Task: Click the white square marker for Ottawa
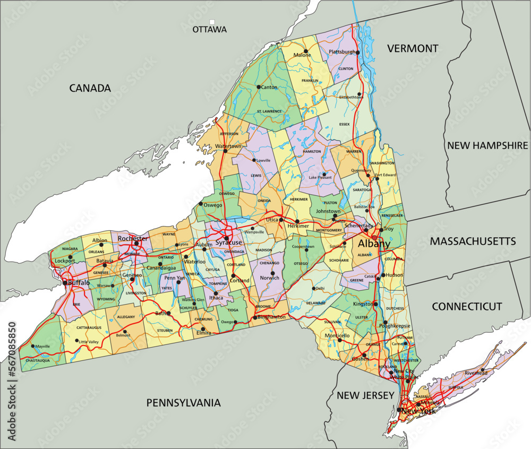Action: [x=212, y=22]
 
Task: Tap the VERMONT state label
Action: [x=413, y=49]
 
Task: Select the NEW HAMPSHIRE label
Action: [x=487, y=145]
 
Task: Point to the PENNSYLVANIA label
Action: [x=183, y=403]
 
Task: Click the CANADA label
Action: [x=90, y=88]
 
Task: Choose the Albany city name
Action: [x=374, y=245]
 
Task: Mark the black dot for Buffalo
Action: [x=65, y=283]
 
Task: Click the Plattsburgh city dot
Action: [x=358, y=53]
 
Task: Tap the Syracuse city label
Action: [x=228, y=243]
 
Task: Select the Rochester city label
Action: [x=133, y=238]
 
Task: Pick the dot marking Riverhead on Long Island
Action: [x=482, y=370]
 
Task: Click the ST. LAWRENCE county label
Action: [x=269, y=111]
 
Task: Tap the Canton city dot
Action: [x=259, y=87]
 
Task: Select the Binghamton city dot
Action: [x=255, y=317]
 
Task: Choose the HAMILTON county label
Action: [x=312, y=151]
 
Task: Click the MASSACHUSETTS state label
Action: [x=473, y=241]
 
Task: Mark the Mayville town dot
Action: [x=33, y=347]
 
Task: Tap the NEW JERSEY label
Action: [x=365, y=395]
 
